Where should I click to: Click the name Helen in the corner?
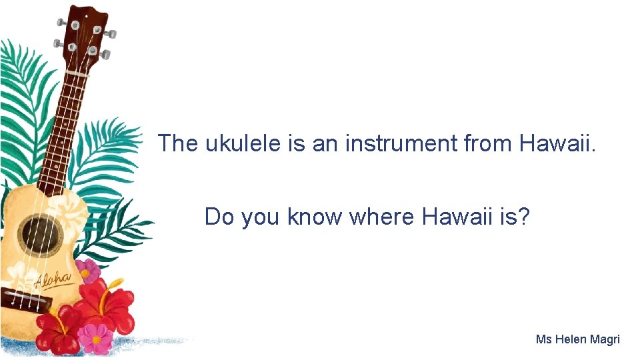point(571,339)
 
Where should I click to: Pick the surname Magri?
point(605,339)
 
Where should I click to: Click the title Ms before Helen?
point(544,339)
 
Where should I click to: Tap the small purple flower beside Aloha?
point(87,270)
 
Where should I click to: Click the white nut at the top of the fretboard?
point(77,73)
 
